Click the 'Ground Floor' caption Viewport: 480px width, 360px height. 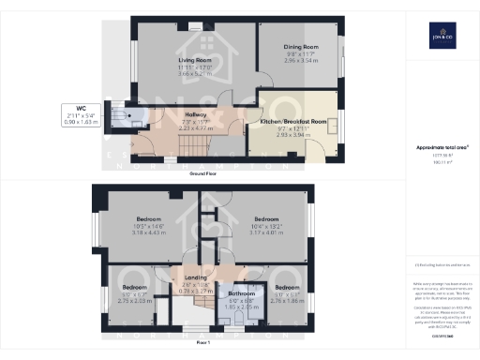coord(203,174)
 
